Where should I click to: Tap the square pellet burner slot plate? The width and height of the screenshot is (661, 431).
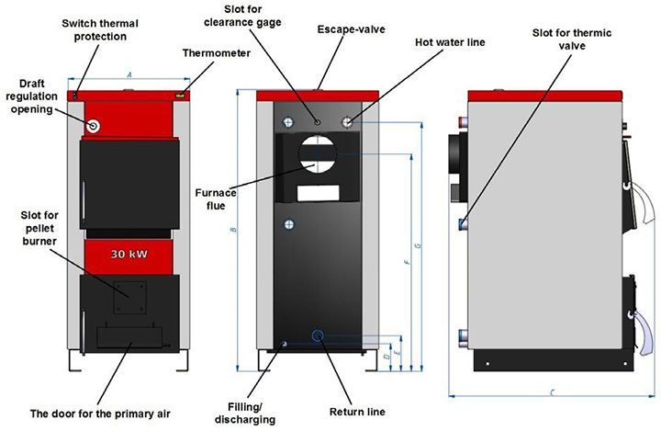129,296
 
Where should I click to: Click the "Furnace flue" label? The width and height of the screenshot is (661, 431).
216,199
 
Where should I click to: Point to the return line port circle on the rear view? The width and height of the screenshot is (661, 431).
319,336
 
